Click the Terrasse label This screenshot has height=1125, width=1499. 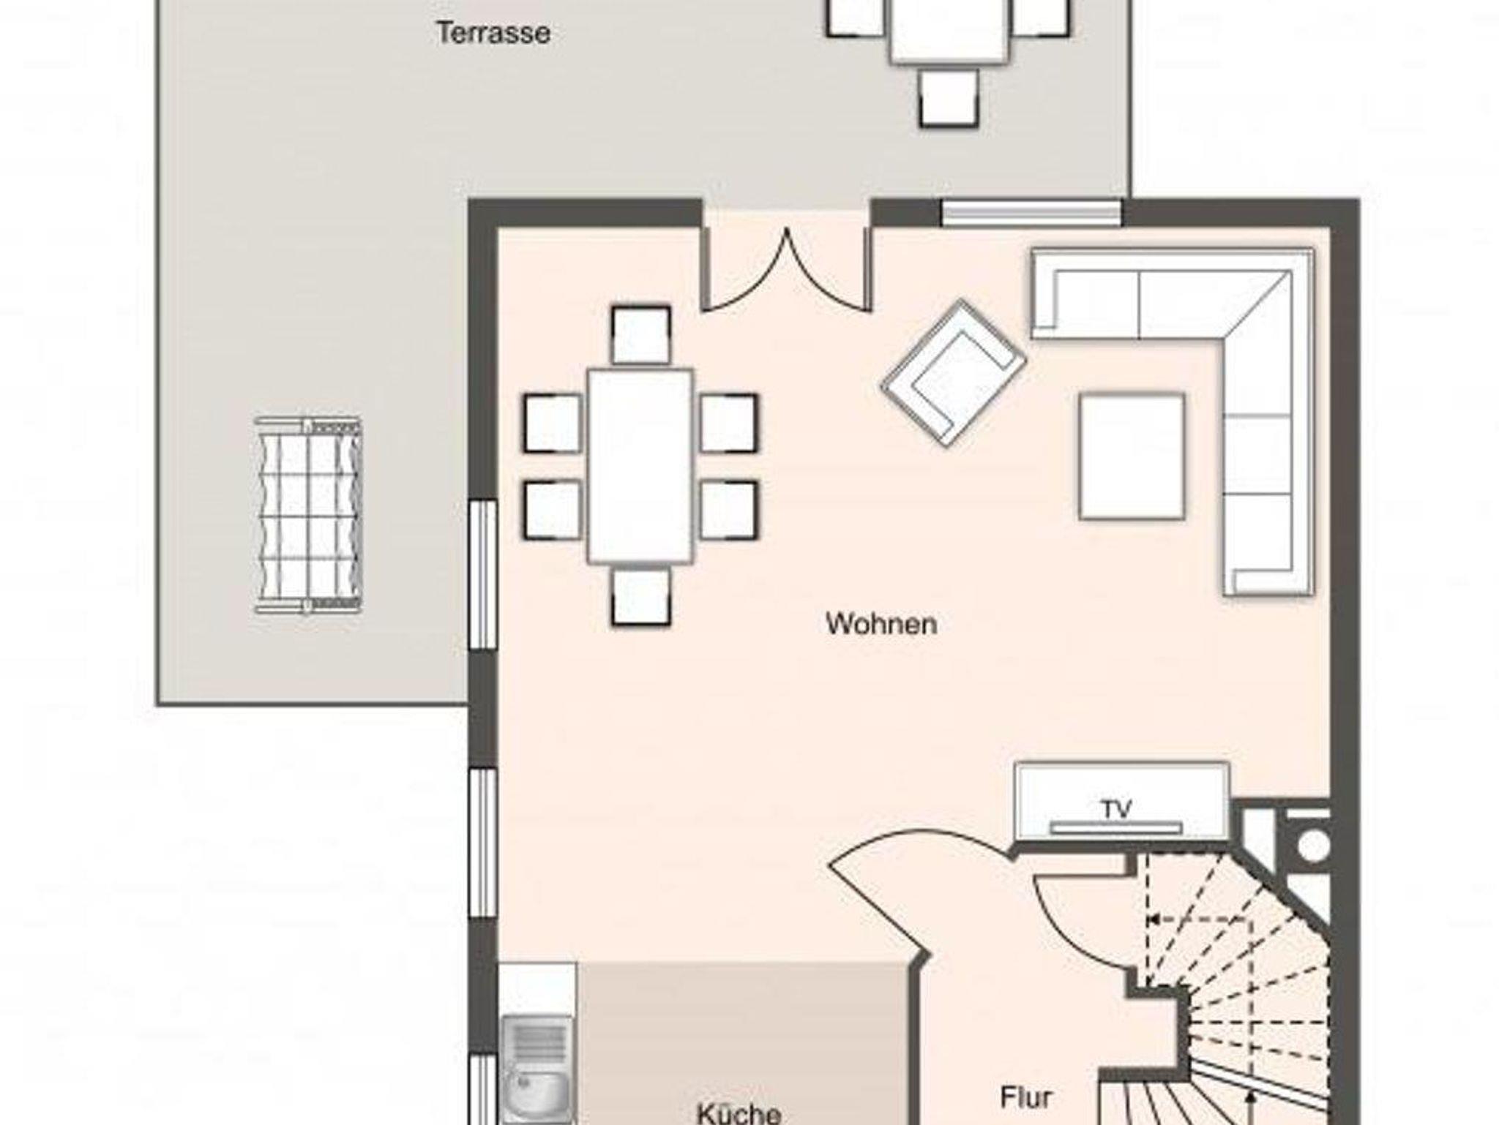493,33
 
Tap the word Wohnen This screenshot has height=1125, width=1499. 881,624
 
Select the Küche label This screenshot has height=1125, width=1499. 739,1113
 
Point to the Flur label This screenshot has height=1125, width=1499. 1026,1097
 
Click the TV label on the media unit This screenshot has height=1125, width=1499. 1117,809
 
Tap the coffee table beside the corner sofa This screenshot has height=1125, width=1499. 1132,456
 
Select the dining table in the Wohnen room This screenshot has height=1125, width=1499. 640,467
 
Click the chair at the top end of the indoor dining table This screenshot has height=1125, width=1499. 640,335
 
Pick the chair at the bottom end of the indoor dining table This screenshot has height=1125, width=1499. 640,598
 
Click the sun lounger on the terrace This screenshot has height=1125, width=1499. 308,516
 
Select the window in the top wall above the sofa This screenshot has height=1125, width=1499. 1032,213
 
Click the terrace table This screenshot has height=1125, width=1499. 949,31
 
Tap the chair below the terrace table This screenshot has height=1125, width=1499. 949,99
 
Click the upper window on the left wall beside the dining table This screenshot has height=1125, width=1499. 482,574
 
